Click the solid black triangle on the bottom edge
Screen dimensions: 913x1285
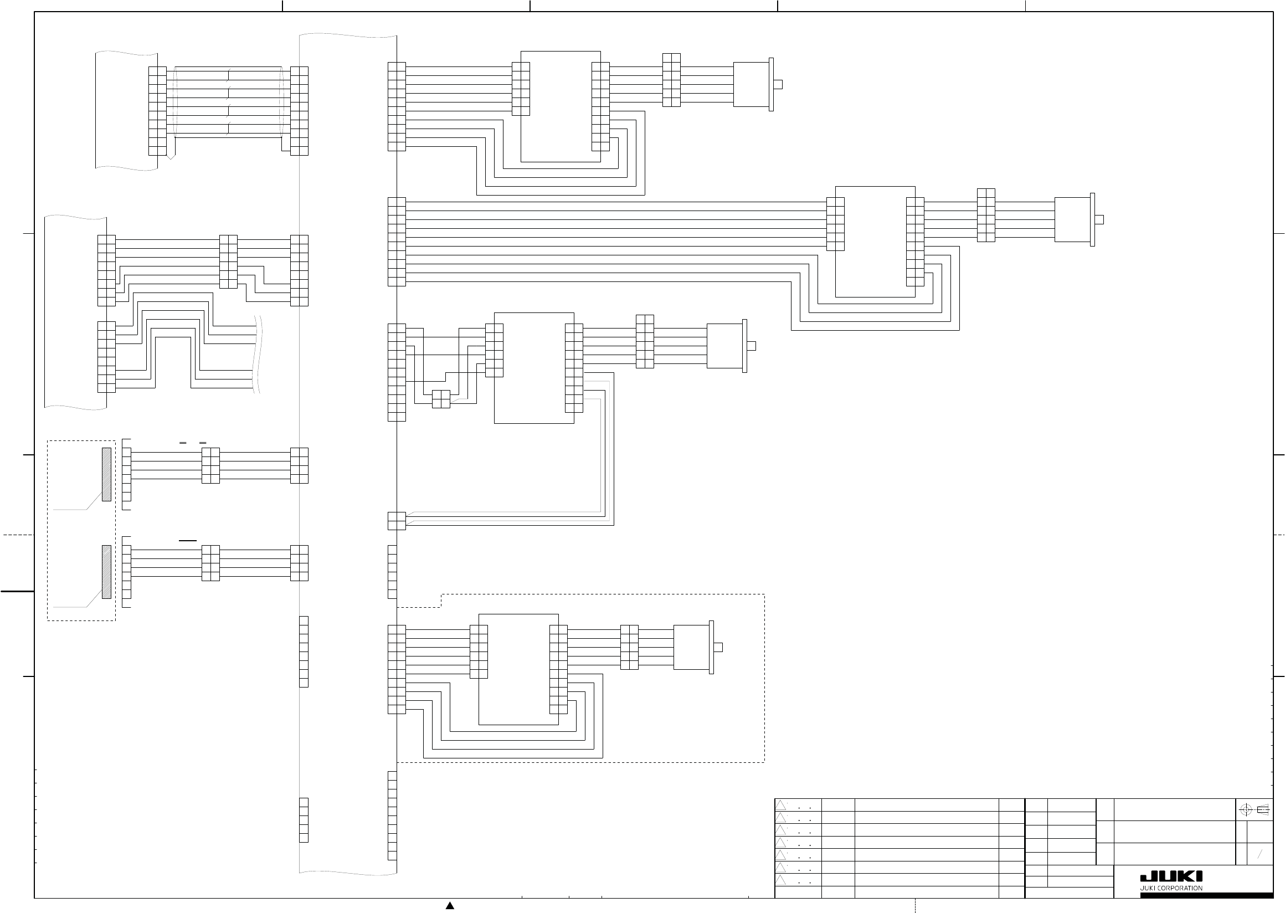pos(450,905)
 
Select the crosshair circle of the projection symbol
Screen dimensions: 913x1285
pos(1245,810)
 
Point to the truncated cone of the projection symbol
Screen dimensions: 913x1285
pos(1262,810)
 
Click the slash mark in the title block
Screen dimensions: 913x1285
pos(1260,854)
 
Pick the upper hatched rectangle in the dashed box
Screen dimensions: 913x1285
pos(106,474)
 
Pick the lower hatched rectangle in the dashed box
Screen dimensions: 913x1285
pos(106,572)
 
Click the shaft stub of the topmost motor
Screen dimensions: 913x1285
pos(778,84)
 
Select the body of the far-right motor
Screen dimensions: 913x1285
pos(1072,220)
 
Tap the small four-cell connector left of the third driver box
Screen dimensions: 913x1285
pos(441,398)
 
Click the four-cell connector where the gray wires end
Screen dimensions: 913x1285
pos(396,521)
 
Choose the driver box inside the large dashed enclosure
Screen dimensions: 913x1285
pos(518,669)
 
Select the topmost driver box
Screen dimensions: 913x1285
pos(561,106)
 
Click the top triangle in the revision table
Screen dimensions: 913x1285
pos(780,805)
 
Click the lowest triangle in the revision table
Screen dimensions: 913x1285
pos(780,880)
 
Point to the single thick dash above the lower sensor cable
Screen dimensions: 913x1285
pos(188,540)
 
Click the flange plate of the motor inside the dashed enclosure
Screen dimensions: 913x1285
pos(711,647)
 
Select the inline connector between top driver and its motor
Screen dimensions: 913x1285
pos(671,80)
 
